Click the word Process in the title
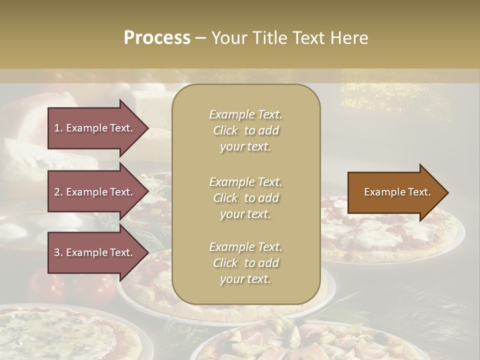[157, 38]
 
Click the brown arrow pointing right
[395, 192]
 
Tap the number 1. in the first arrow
[58, 128]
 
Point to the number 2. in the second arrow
[58, 192]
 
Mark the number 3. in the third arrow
[58, 252]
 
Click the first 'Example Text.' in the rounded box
[245, 114]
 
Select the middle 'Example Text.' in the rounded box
[245, 181]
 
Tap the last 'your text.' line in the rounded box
[245, 279]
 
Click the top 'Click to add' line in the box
[245, 130]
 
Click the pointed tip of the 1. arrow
[147, 128]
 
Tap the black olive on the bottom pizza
[381, 339]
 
